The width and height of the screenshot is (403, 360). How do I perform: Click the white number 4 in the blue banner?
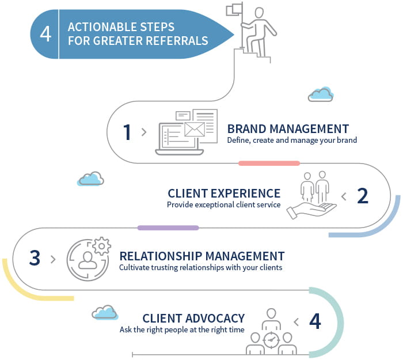pos(45,33)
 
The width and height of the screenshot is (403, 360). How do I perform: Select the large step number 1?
pos(127,132)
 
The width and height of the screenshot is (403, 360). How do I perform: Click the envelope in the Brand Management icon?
pos(195,128)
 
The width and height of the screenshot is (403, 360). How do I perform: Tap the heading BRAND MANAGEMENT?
pos(288,128)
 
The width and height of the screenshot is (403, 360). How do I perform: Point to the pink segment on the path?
pos(269,164)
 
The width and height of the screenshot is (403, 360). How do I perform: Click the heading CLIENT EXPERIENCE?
pos(224,194)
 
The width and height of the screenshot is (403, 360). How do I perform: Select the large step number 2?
pos(362,196)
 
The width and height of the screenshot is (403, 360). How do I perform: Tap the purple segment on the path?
pos(168,228)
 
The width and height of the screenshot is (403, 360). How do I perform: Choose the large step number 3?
pos(35,258)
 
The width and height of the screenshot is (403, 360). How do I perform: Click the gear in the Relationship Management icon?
pos(101,246)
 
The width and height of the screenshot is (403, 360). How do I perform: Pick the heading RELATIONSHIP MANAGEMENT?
pos(201,256)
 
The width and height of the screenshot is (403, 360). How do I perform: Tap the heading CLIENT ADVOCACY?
pos(193,319)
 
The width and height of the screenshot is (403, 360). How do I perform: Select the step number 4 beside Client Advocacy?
pos(315,321)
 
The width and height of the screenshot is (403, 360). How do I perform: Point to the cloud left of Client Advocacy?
pos(105,313)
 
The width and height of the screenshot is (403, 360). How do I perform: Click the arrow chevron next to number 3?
pos(53,259)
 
